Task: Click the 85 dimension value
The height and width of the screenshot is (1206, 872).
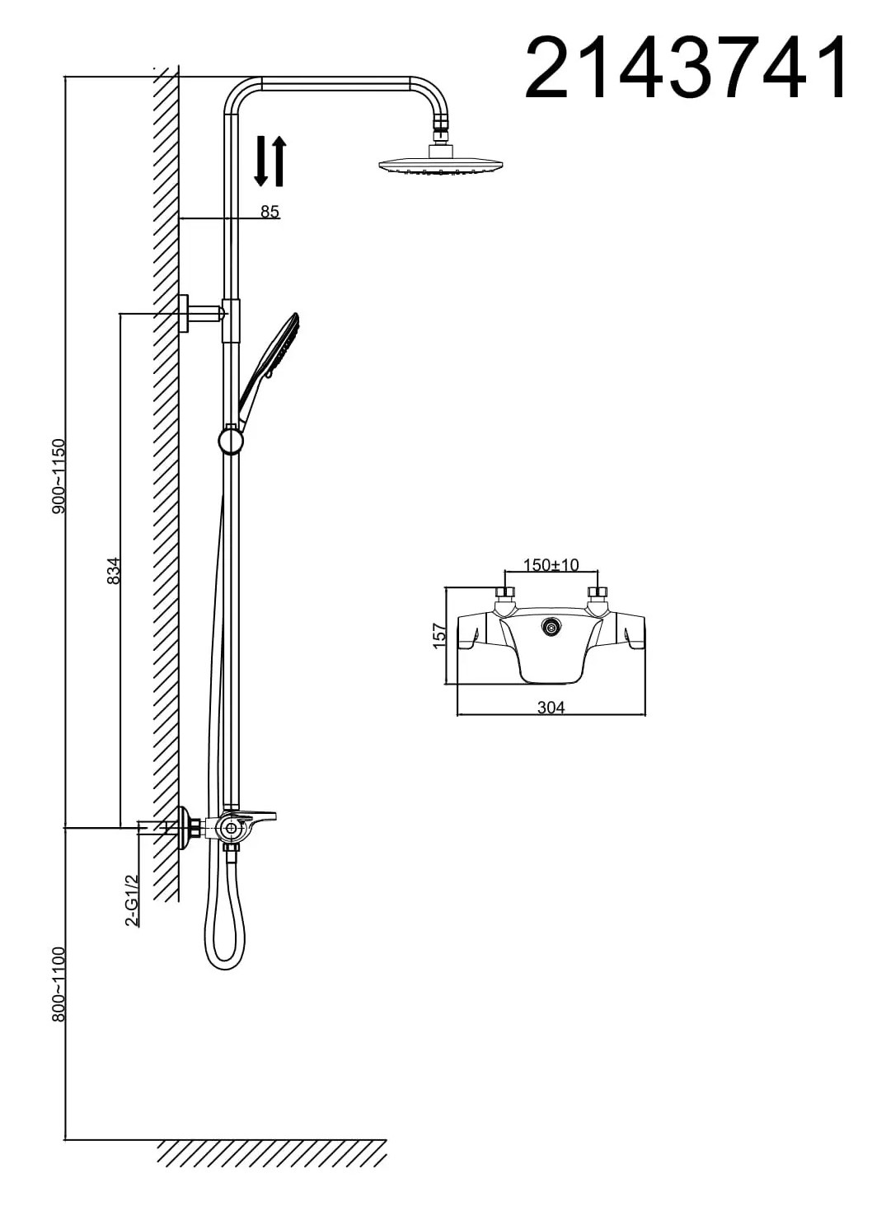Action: [270, 212]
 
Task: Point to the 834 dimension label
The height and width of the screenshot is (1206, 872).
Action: [114, 571]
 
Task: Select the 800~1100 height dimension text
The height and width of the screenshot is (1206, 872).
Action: [59, 984]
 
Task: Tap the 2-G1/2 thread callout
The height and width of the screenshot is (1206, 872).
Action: [132, 900]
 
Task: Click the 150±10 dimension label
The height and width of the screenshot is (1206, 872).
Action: [551, 565]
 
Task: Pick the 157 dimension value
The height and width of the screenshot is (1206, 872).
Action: [440, 635]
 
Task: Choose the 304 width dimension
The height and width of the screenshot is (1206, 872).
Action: [551, 708]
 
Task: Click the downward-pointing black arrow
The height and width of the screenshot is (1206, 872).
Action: [261, 161]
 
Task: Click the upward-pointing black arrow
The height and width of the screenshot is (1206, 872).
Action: [279, 161]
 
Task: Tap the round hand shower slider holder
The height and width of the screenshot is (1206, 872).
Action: [231, 440]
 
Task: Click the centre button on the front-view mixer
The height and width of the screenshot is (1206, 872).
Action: [551, 628]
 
